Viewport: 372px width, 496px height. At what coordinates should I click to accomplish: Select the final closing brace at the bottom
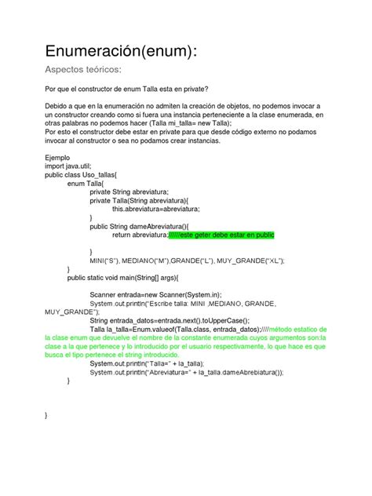pyautogui.click(x=47, y=414)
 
